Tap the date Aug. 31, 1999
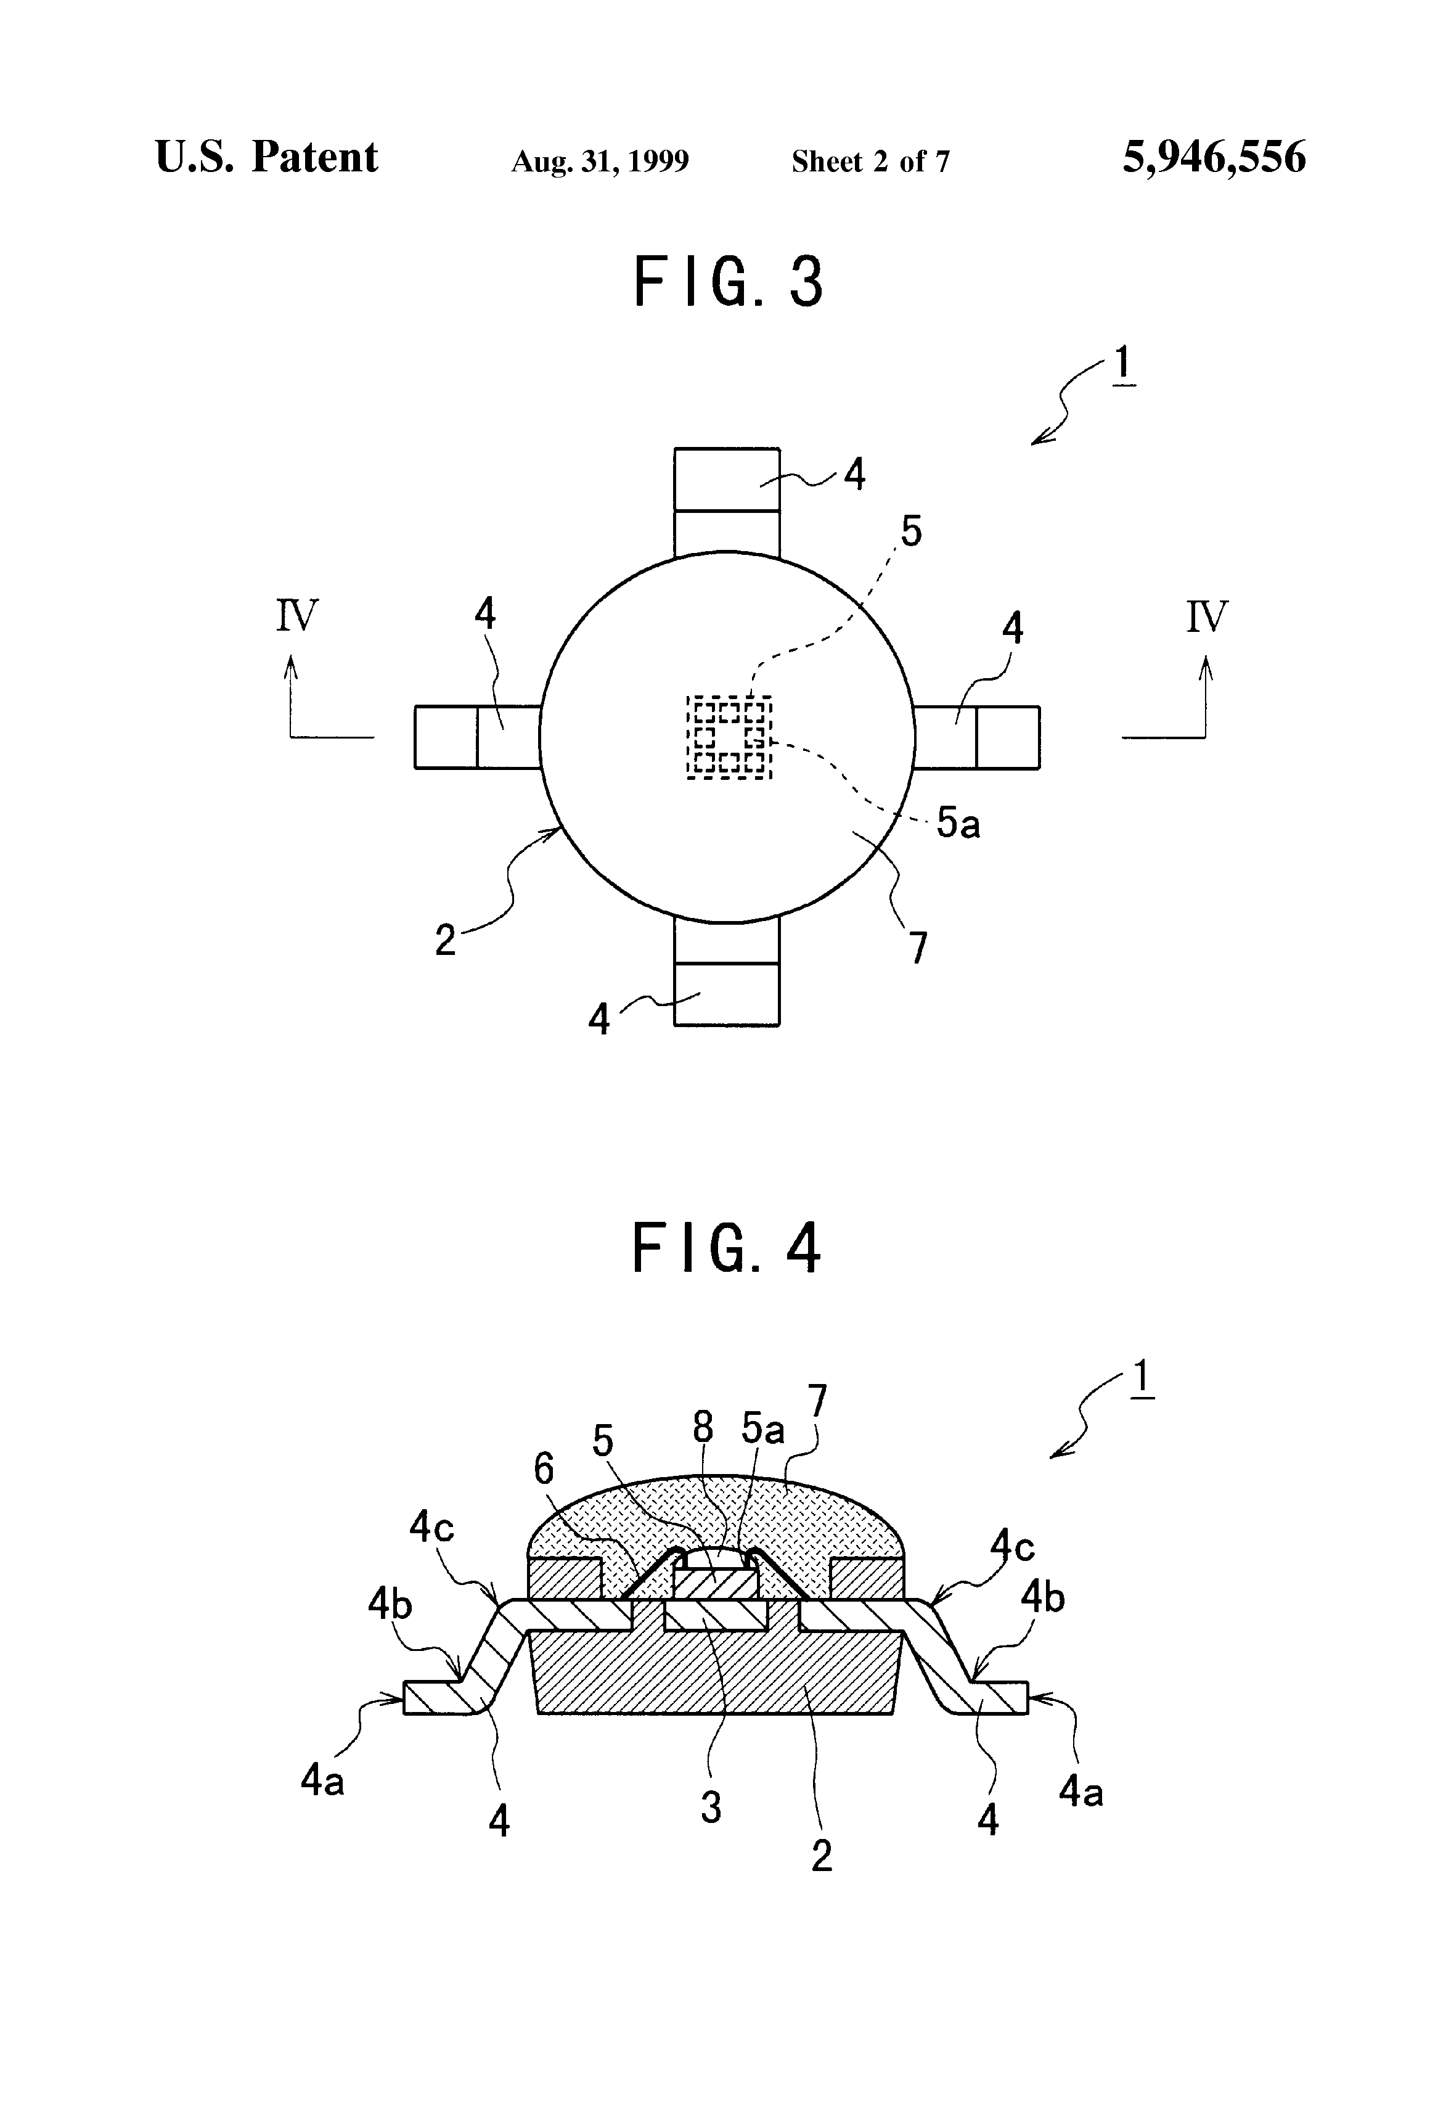coord(600,162)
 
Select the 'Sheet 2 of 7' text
coord(870,162)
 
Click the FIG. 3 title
coord(729,281)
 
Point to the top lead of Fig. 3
coord(727,502)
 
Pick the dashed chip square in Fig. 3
coord(729,737)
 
